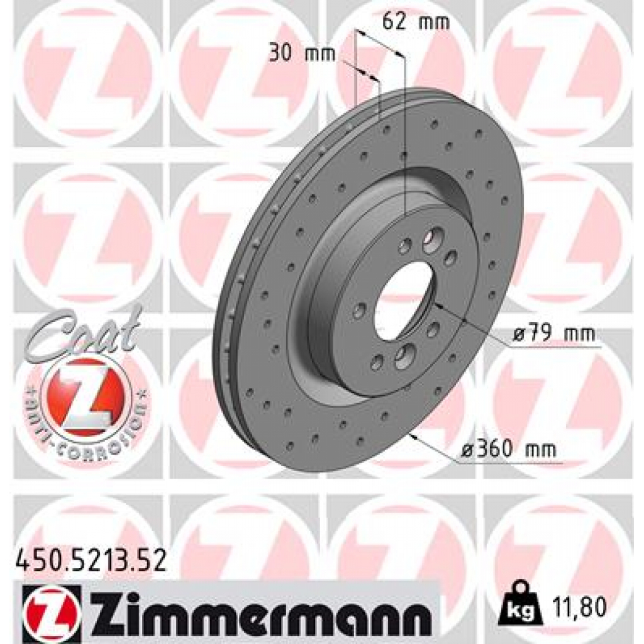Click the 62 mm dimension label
tap(416, 22)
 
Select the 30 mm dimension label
tap(302, 53)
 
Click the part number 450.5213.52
tap(90, 559)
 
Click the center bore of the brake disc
tap(402, 300)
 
